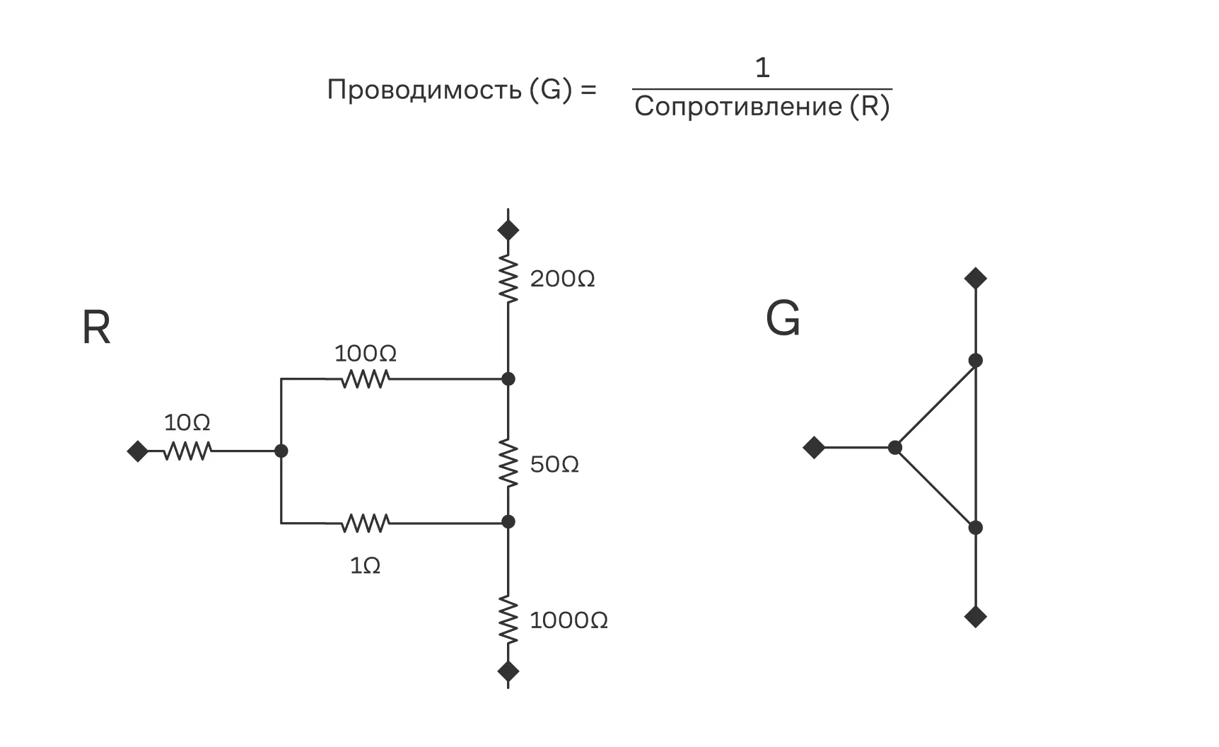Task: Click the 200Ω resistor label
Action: pyautogui.click(x=562, y=279)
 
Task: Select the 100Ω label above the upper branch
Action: pyautogui.click(x=365, y=353)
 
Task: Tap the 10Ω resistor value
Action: pyautogui.click(x=187, y=423)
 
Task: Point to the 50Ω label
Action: pyautogui.click(x=554, y=465)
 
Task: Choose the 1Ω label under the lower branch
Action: pyautogui.click(x=365, y=566)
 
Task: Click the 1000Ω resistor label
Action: pyautogui.click(x=568, y=621)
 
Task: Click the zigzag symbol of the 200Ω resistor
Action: pyautogui.click(x=508, y=279)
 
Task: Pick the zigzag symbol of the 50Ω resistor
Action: pyautogui.click(x=508, y=462)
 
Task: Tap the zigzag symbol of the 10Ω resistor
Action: pyautogui.click(x=187, y=451)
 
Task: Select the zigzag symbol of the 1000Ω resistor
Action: pyautogui.click(x=508, y=620)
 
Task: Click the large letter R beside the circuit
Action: pyautogui.click(x=96, y=328)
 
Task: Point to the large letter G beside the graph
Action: pyautogui.click(x=783, y=319)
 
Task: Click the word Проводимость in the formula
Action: pyautogui.click(x=424, y=91)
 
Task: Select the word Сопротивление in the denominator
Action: pyautogui.click(x=737, y=107)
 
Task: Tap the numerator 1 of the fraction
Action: pyautogui.click(x=762, y=68)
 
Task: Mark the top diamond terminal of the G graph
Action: pyautogui.click(x=976, y=278)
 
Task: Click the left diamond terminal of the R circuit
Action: pyautogui.click(x=138, y=451)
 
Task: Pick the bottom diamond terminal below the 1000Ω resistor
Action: pyautogui.click(x=508, y=671)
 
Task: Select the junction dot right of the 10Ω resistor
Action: pyautogui.click(x=281, y=451)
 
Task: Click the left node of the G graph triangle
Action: pyautogui.click(x=895, y=447)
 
